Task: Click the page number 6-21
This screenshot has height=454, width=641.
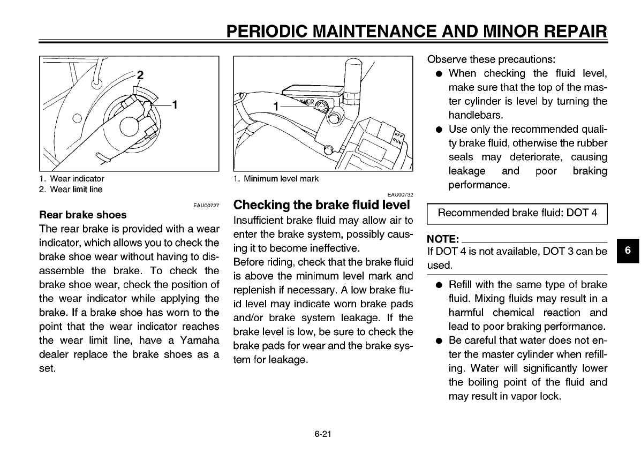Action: pyautogui.click(x=323, y=434)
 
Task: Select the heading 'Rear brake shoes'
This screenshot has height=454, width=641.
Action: pyautogui.click(x=83, y=215)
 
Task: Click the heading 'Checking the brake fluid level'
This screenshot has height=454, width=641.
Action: pyautogui.click(x=322, y=205)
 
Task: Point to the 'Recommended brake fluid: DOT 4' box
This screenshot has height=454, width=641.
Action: pyautogui.click(x=517, y=213)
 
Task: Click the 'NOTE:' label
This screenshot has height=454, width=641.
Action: pyautogui.click(x=443, y=239)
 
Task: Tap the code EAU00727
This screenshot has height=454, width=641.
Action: pyautogui.click(x=206, y=204)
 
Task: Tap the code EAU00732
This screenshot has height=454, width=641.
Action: pyautogui.click(x=400, y=194)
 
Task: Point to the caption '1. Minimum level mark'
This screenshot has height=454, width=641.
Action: pyautogui.click(x=276, y=179)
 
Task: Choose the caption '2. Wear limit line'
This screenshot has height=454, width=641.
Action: pyautogui.click(x=71, y=190)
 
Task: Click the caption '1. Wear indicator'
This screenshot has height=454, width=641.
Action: pyautogui.click(x=72, y=179)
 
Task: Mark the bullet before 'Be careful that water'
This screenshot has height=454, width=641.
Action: pyautogui.click(x=439, y=341)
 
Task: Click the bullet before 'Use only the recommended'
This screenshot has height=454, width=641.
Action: pyautogui.click(x=439, y=130)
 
